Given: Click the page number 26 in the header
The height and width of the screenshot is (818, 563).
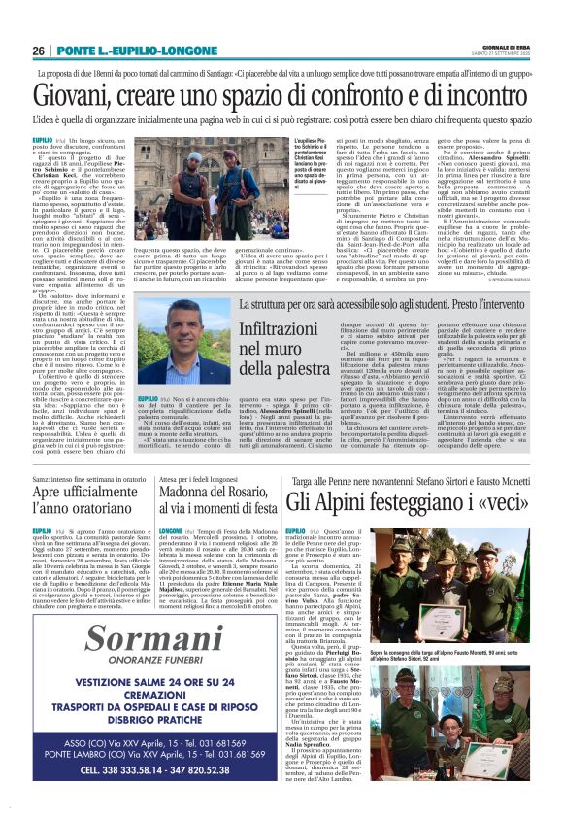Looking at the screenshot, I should pyautogui.click(x=38, y=51).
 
